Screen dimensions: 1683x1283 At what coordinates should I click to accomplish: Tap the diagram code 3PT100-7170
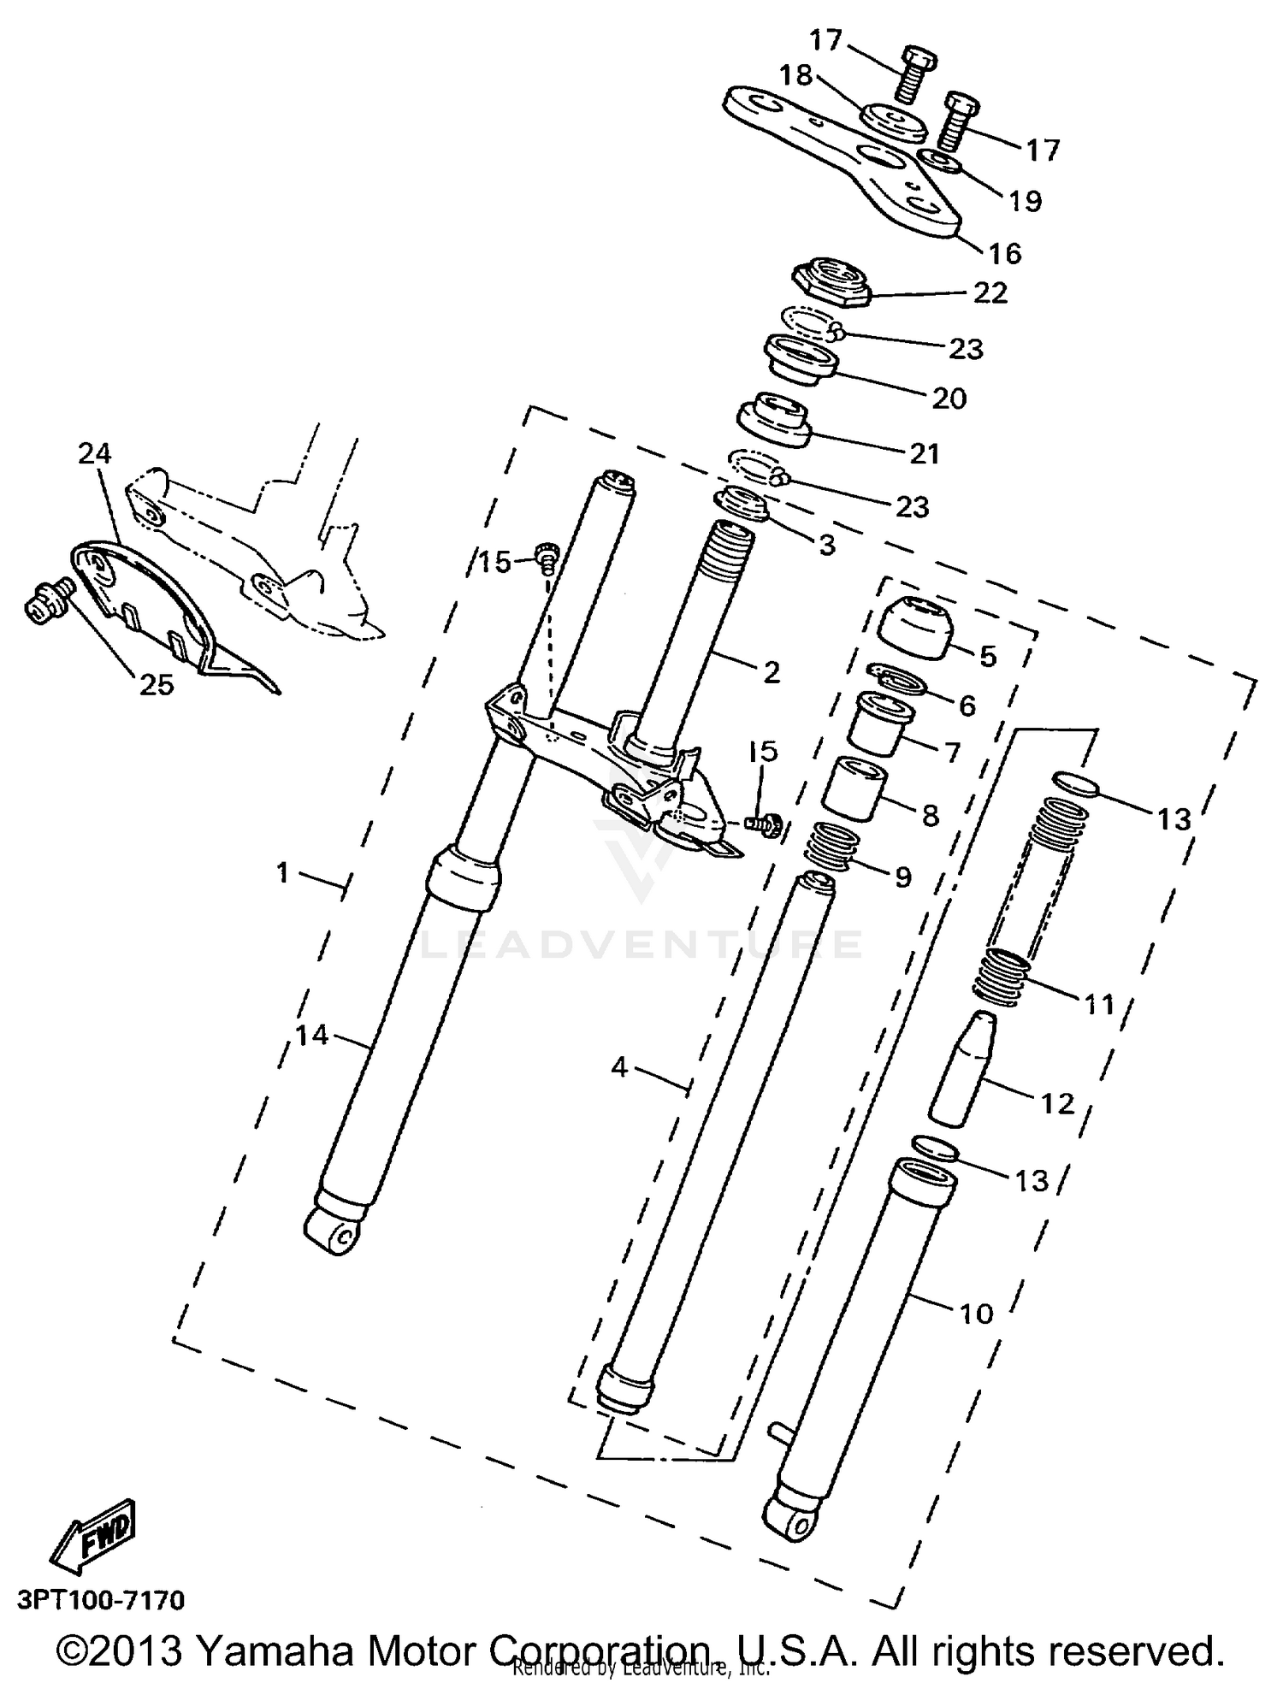[100, 1600]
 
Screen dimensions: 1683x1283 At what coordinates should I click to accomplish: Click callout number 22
[990, 293]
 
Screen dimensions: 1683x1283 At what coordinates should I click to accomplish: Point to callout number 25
[156, 684]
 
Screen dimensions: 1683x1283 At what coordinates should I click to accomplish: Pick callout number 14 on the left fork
[312, 1036]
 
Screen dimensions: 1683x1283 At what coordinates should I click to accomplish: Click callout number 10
[976, 1313]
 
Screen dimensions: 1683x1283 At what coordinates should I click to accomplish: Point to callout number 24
[95, 453]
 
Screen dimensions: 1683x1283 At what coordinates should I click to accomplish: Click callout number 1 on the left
[283, 873]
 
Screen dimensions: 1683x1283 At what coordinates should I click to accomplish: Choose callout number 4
[620, 1067]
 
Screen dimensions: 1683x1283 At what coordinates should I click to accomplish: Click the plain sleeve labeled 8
[856, 789]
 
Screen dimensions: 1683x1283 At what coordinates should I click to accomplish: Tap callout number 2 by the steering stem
[771, 672]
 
